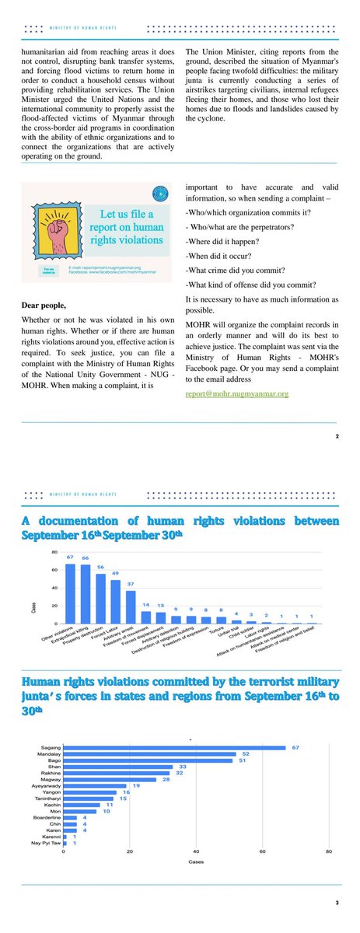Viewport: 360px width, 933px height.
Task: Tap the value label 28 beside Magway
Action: tap(165, 780)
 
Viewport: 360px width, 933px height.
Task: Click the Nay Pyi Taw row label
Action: tap(48, 843)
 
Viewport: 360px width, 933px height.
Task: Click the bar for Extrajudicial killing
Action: tap(86, 594)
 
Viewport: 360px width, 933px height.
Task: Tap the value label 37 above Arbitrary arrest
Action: tap(131, 583)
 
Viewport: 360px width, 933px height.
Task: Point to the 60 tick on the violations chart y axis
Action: tap(54, 570)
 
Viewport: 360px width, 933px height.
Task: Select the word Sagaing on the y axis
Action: tap(51, 748)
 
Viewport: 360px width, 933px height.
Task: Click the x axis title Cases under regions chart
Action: tap(196, 861)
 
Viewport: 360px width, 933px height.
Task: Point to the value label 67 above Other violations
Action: tap(69, 558)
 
